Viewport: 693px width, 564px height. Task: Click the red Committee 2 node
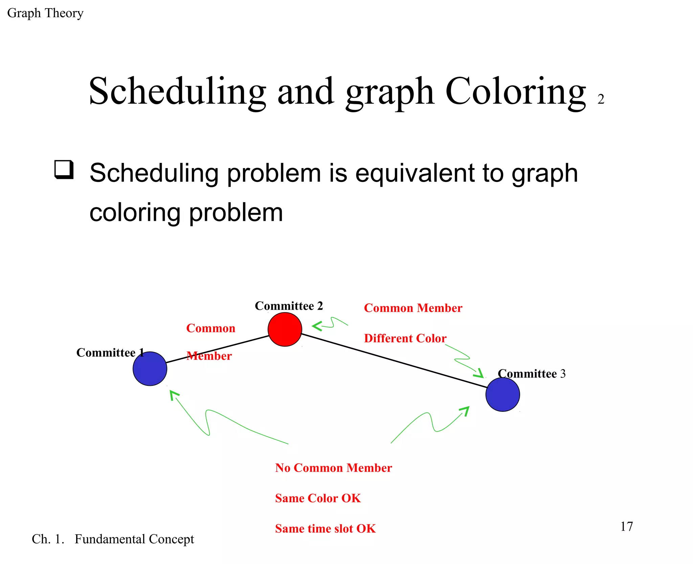point(285,329)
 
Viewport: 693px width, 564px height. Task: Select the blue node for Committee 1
point(150,369)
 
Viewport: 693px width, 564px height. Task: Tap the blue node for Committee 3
point(502,394)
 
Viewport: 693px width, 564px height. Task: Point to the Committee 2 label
point(289,306)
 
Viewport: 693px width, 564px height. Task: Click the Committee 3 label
point(532,374)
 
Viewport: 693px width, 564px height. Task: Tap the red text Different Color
point(405,338)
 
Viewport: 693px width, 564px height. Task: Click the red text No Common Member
point(333,468)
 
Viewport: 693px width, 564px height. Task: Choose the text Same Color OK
point(318,498)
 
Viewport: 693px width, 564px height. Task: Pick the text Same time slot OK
point(325,528)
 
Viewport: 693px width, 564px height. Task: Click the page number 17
point(626,526)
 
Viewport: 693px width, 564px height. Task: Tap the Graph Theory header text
point(45,13)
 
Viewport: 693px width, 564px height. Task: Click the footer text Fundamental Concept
point(134,539)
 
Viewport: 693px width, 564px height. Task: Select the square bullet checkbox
point(64,169)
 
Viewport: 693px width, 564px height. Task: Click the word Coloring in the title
point(515,91)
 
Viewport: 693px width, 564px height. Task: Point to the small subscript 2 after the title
point(601,99)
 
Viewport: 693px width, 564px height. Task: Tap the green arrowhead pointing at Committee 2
point(316,326)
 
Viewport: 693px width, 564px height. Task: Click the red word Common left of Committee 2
point(210,328)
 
